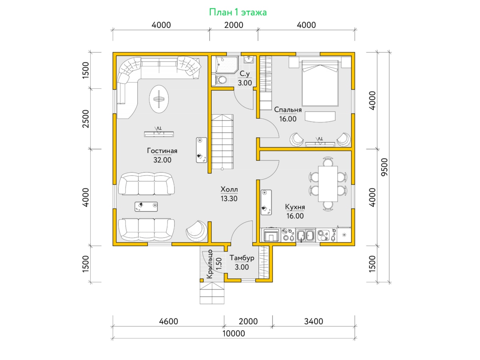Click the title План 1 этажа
(x=238, y=12)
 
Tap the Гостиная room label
(x=162, y=151)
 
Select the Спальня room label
(x=288, y=110)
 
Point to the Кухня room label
(x=295, y=207)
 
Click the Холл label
(x=229, y=189)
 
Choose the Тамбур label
(x=242, y=258)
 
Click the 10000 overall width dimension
(x=234, y=334)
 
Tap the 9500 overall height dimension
(x=384, y=167)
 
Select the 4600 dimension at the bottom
(x=168, y=321)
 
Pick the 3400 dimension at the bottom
(x=313, y=321)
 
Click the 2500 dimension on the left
(x=86, y=119)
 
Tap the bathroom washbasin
(x=249, y=60)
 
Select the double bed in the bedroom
(x=320, y=83)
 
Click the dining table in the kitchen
(x=328, y=184)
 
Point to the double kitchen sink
(x=306, y=235)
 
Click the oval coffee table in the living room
(x=159, y=99)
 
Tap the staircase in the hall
(x=222, y=142)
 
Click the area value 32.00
(x=162, y=160)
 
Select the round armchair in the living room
(x=196, y=231)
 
